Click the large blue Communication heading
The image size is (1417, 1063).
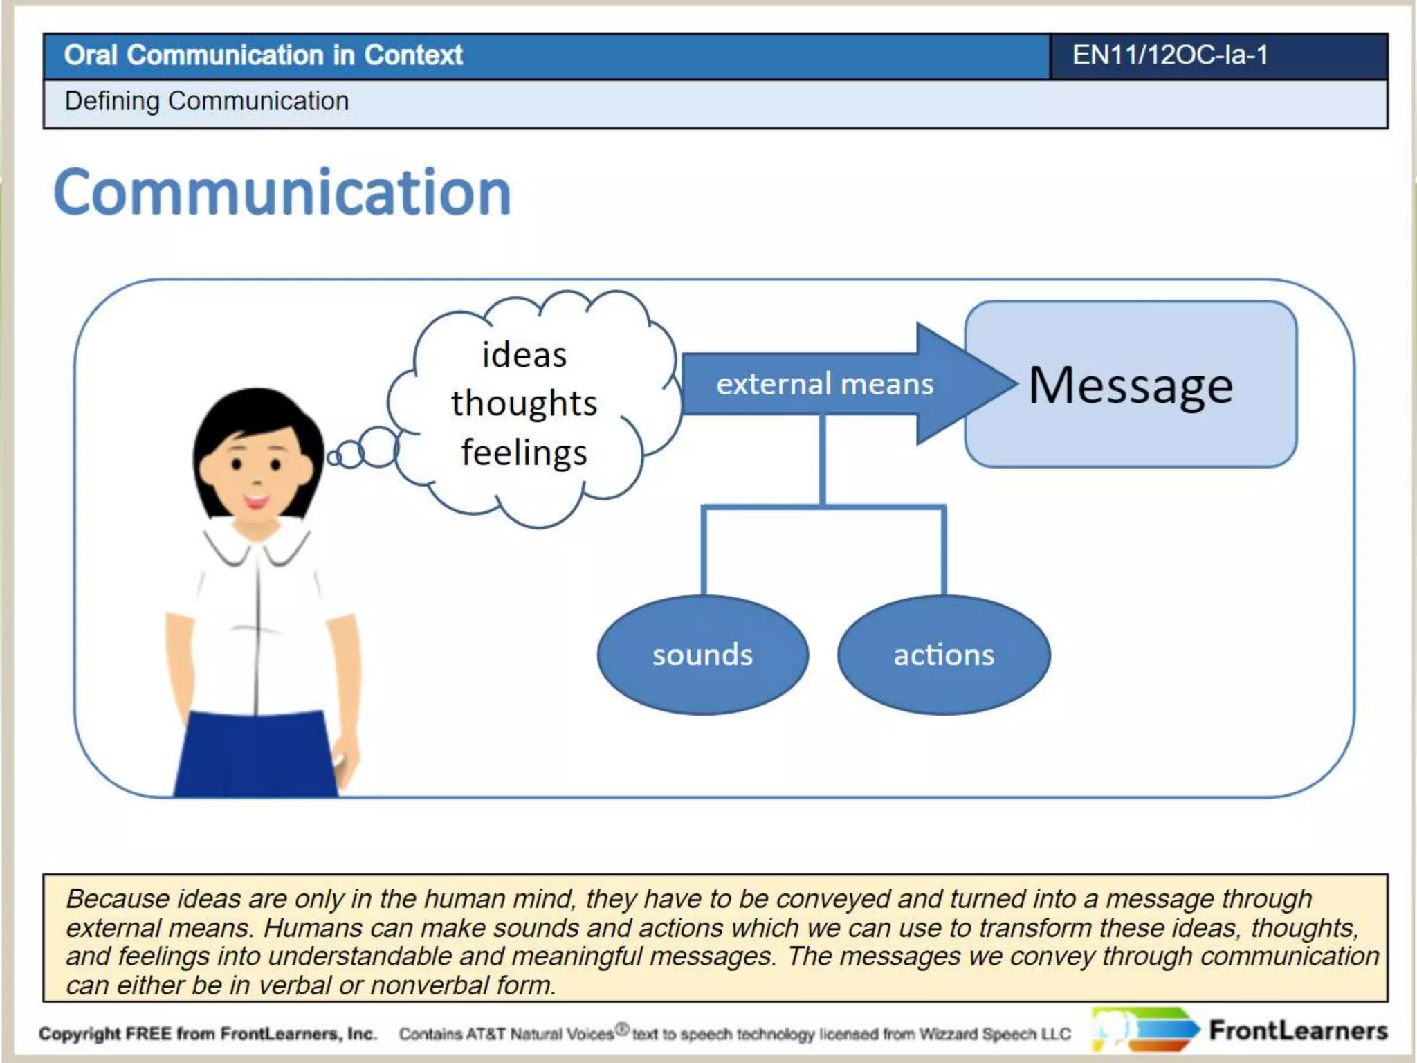(282, 192)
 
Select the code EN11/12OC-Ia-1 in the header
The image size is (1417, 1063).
(1169, 55)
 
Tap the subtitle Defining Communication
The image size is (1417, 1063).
(206, 101)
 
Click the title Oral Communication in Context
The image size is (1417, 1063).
(263, 55)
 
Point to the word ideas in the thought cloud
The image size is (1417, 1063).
(524, 355)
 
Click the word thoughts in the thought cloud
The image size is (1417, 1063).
(524, 403)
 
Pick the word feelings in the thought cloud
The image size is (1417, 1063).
(524, 453)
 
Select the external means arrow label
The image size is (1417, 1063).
(824, 384)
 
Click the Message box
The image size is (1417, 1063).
(1131, 385)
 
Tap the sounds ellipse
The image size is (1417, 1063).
(702, 655)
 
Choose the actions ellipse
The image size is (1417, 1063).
(944, 655)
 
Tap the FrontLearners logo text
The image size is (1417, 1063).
(1298, 1031)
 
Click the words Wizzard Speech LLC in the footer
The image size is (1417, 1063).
(995, 1035)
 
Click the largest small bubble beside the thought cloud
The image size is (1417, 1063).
(378, 447)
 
